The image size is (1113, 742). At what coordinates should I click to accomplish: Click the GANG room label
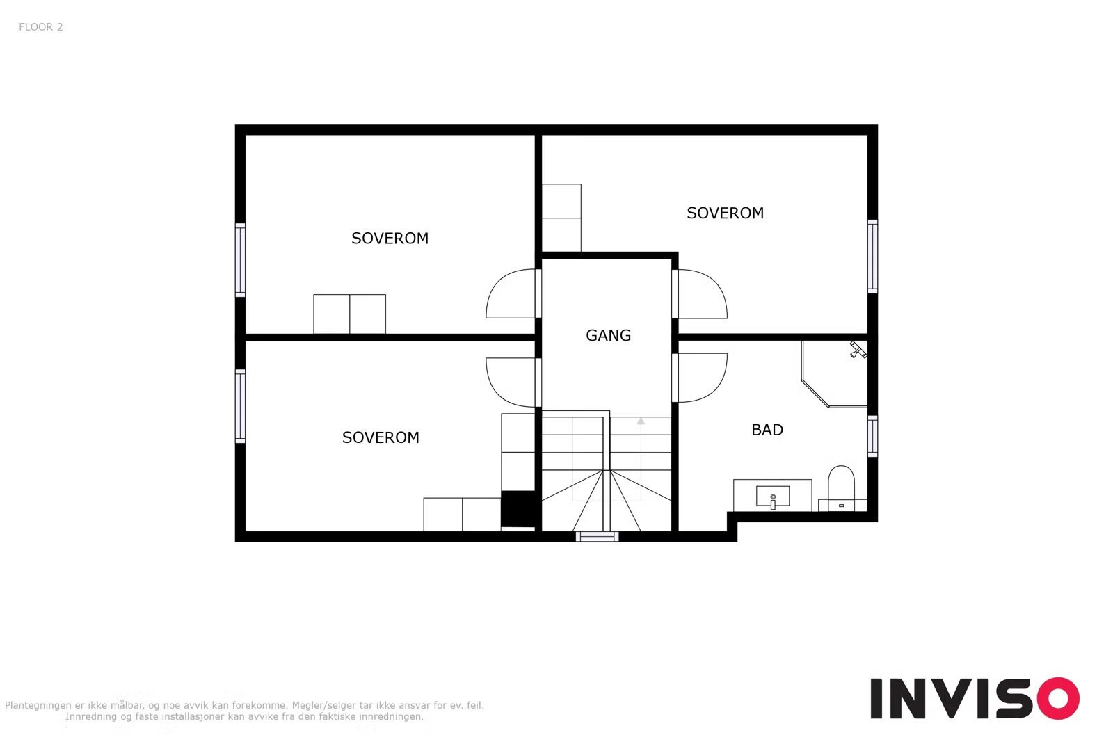[x=608, y=336]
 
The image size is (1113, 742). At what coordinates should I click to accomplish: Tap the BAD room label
[x=767, y=430]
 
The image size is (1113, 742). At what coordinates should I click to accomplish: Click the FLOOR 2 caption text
[x=41, y=27]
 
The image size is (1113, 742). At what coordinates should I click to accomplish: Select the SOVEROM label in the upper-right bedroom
[x=725, y=213]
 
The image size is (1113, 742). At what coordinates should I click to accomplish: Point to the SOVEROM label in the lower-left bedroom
[x=381, y=437]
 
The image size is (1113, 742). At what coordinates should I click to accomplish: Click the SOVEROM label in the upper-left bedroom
[x=390, y=239]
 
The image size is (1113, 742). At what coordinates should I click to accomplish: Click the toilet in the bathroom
[x=841, y=487]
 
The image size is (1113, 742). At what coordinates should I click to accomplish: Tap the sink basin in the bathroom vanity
[x=773, y=497]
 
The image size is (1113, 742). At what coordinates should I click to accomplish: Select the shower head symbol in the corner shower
[x=858, y=350]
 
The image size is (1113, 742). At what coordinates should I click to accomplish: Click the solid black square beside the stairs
[x=518, y=508]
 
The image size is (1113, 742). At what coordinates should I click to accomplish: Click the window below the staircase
[x=598, y=536]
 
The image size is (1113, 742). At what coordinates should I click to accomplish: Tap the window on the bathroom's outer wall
[x=872, y=436]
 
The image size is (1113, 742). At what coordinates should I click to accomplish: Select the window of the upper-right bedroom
[x=872, y=257]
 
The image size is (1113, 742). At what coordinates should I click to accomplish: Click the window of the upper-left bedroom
[x=240, y=260]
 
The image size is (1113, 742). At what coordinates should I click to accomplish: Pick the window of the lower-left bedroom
[x=240, y=406]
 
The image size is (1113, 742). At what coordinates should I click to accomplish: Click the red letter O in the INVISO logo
[x=1058, y=698]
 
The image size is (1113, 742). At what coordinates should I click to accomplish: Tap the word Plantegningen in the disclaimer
[x=38, y=705]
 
